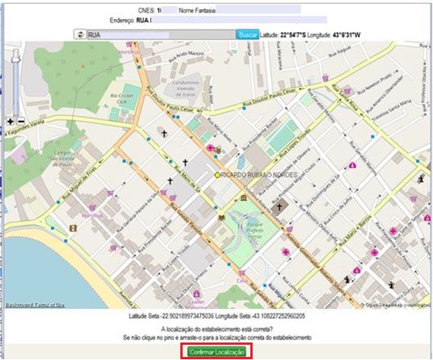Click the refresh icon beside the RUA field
click(x=78, y=34)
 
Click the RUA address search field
click(x=160, y=34)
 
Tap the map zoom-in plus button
click(x=10, y=121)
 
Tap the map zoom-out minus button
click(x=21, y=121)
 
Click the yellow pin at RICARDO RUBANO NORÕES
click(x=217, y=175)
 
